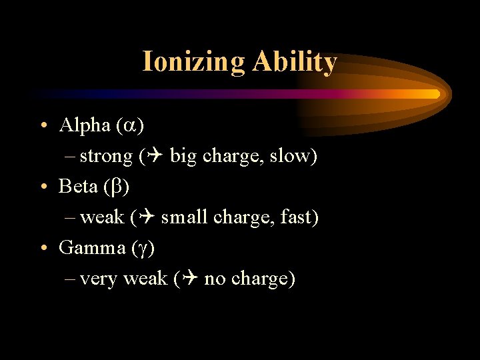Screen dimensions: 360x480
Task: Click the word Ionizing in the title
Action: click(193, 62)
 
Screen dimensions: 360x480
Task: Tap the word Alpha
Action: click(84, 125)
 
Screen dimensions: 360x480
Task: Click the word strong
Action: click(106, 157)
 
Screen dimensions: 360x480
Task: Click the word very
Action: click(97, 279)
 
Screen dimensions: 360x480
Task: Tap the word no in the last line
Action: click(215, 279)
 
